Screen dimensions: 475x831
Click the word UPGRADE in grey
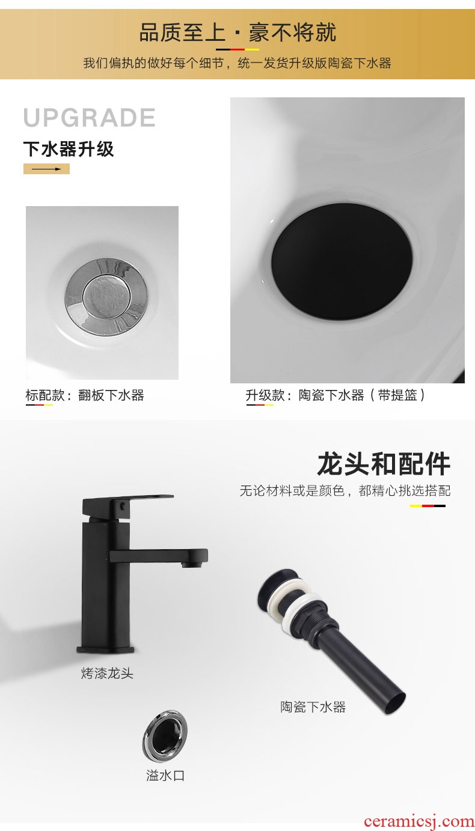click(89, 118)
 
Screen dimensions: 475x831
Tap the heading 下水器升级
click(69, 149)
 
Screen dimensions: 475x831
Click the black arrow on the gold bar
click(46, 169)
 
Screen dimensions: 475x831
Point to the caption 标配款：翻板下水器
click(85, 395)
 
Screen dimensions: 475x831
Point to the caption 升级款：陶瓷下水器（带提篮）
click(336, 395)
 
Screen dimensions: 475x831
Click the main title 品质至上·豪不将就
click(238, 32)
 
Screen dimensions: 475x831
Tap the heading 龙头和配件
click(384, 464)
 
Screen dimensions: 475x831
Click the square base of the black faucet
click(105, 649)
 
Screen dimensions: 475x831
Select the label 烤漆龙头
click(107, 673)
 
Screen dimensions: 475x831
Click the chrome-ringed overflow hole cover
click(165, 737)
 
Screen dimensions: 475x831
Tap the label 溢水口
click(165, 775)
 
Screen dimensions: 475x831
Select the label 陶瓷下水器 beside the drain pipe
click(313, 707)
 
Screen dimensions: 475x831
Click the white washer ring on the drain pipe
click(301, 609)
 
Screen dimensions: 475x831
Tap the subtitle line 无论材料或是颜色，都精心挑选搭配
click(345, 490)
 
